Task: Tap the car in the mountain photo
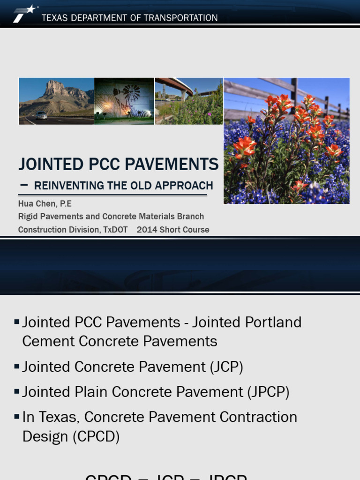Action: point(41,115)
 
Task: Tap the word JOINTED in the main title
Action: point(46,165)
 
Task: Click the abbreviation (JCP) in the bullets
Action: point(228,367)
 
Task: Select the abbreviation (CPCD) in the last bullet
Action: point(96,436)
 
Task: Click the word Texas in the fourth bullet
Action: point(59,417)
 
